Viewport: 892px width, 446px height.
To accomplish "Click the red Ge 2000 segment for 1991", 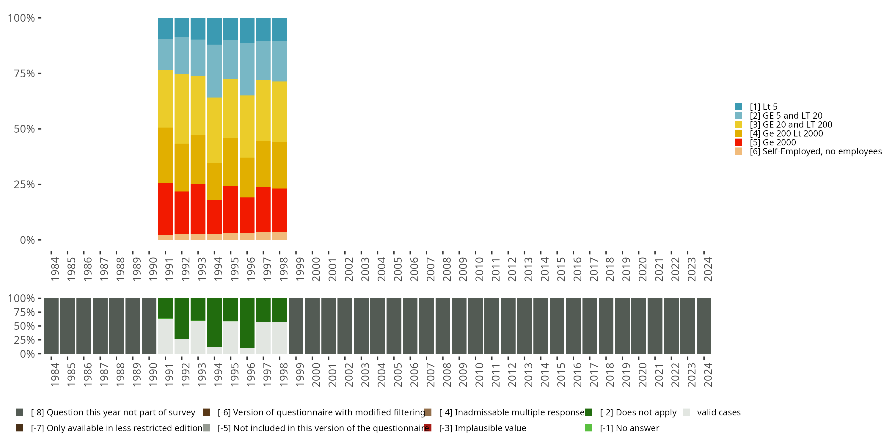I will click(165, 209).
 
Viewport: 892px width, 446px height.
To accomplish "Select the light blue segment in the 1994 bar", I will click(214, 71).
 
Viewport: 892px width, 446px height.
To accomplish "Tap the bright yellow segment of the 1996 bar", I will click(247, 126).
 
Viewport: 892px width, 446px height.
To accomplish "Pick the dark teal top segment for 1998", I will click(279, 29).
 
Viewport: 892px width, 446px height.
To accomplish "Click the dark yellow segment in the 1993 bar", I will click(198, 159).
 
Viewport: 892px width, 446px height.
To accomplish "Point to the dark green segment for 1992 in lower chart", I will click(181, 318).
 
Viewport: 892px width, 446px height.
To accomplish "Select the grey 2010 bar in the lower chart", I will click(475, 326).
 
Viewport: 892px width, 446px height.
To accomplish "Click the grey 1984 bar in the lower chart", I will click(51, 326).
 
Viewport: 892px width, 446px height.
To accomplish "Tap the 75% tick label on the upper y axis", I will click(24, 73).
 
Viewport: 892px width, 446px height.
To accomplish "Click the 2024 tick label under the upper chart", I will click(707, 269).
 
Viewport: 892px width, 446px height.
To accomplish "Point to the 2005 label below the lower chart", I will click(397, 375).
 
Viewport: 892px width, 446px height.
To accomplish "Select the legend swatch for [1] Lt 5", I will click(738, 107).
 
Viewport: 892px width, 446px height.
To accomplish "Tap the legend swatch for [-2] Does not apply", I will click(588, 412).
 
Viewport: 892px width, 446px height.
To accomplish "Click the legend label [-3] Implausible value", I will click(482, 428).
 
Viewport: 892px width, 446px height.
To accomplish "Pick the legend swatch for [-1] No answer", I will click(588, 428).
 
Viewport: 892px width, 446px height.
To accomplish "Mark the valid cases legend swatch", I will click(686, 412).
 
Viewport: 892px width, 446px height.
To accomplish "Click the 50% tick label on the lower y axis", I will click(24, 326).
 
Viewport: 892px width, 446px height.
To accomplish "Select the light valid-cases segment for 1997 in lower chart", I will click(263, 337).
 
